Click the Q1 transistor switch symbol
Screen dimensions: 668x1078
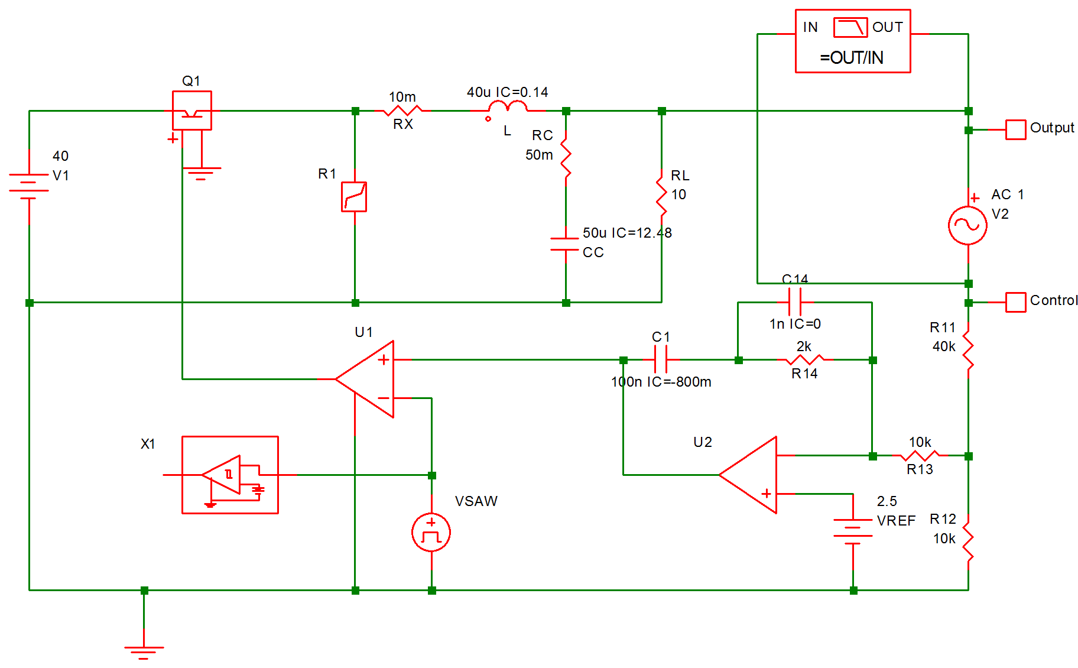pos(191,111)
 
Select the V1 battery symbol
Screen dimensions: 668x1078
pos(29,186)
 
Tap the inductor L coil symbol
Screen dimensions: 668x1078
pos(508,108)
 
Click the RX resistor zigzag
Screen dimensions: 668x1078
pos(402,111)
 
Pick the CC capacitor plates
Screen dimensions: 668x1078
pos(566,244)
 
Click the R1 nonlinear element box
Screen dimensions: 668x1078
pos(354,197)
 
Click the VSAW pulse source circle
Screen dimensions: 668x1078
pos(431,533)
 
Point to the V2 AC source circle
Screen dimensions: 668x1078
pos(967,225)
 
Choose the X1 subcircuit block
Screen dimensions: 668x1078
pos(230,475)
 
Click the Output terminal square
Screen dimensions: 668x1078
pos(1015,129)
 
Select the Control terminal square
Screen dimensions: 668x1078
pos(1015,302)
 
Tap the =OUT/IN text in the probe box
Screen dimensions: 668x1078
pos(852,57)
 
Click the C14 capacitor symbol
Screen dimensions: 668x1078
pos(795,302)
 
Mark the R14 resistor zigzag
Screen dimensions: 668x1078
pos(804,359)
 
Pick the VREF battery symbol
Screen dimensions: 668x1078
pos(853,528)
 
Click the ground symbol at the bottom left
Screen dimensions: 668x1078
pos(144,650)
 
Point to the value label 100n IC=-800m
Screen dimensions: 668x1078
pos(661,382)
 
